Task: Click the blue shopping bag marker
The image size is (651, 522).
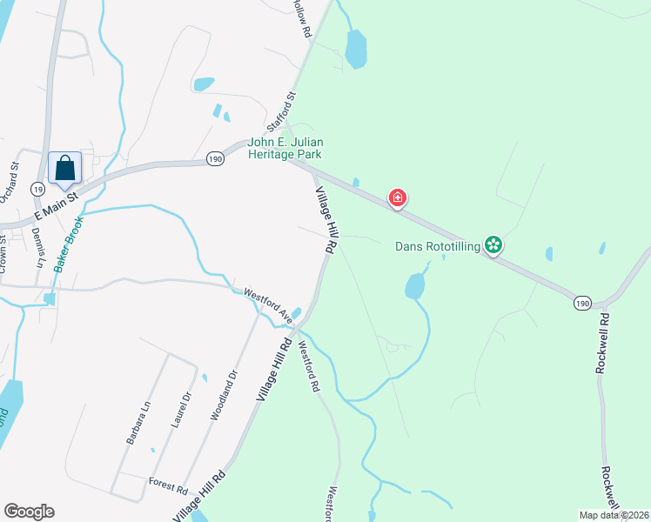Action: (65, 168)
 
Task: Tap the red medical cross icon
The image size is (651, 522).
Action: (398, 198)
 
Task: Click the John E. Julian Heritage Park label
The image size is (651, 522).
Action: (285, 148)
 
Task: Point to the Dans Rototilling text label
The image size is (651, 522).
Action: (437, 246)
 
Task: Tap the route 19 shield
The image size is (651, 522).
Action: (37, 188)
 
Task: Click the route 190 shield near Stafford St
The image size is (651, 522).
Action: (216, 158)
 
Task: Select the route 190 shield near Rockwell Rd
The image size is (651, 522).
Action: (583, 301)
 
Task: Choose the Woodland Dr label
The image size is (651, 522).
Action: (223, 396)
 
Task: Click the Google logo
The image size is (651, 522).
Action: (29, 512)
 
